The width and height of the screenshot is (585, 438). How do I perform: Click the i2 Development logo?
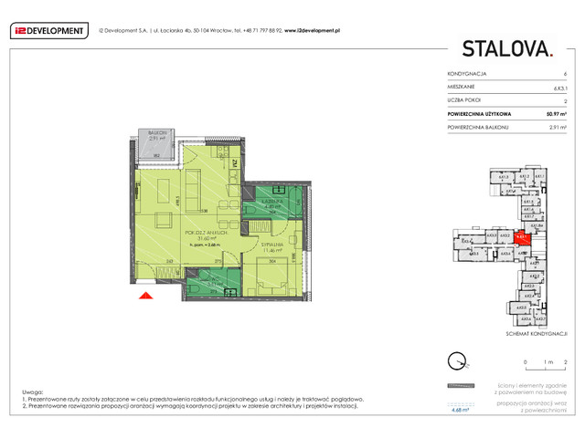click(x=48, y=30)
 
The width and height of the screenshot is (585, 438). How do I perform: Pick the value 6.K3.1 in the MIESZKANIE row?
click(x=559, y=87)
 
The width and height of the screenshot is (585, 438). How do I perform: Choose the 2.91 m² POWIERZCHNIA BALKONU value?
click(x=556, y=129)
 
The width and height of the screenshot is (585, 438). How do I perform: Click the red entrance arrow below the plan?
click(x=144, y=295)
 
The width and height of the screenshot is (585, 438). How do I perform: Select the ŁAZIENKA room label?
click(x=265, y=201)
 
